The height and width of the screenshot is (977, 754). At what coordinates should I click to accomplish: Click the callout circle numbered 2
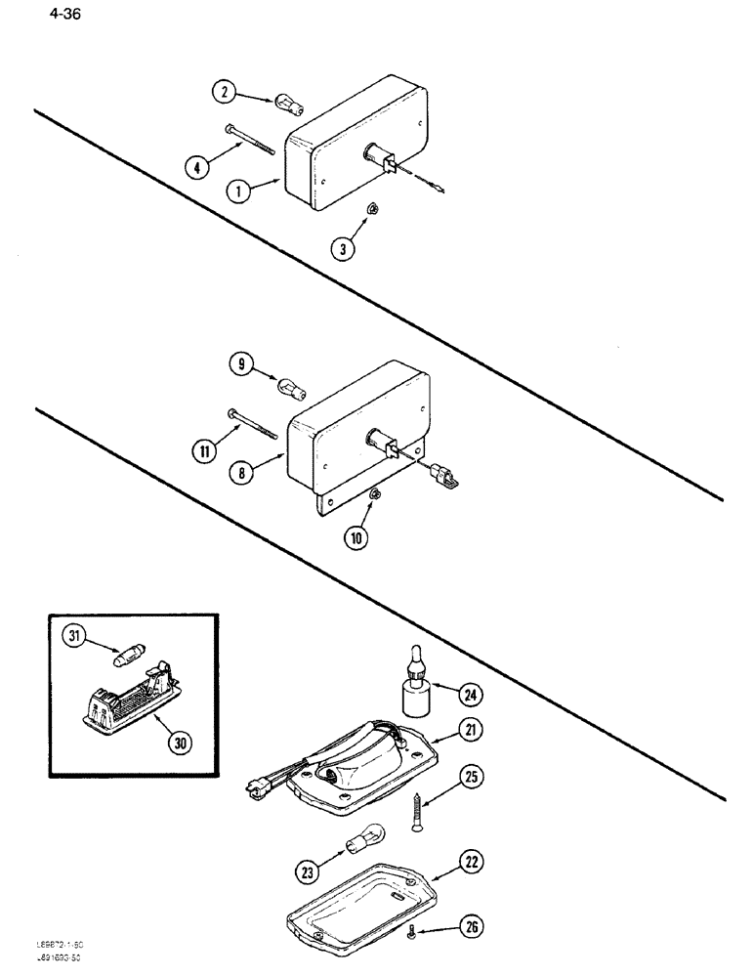tap(224, 93)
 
